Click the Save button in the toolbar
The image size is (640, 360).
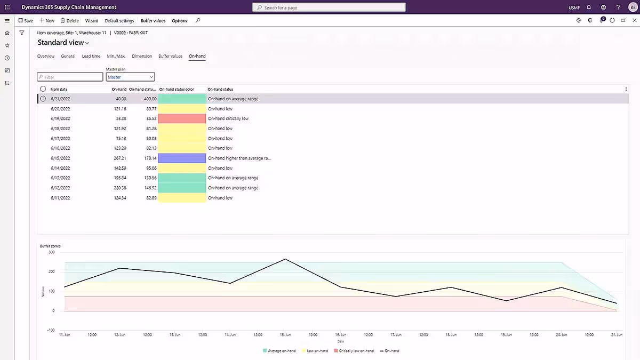(x=26, y=21)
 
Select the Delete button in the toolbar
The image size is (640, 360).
(x=69, y=21)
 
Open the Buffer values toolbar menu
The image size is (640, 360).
(x=153, y=21)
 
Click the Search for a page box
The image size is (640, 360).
(x=329, y=7)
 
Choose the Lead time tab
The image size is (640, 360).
(x=91, y=56)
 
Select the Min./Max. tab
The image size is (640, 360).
(x=116, y=56)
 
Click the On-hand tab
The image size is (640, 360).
(x=197, y=56)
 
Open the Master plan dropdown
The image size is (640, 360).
(x=130, y=77)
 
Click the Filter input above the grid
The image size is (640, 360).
(x=70, y=77)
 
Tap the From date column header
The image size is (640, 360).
(x=59, y=89)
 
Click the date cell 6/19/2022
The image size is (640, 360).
(x=60, y=118)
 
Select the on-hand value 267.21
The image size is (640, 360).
(x=119, y=158)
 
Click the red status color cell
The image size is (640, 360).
(x=182, y=118)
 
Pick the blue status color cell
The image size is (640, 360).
(x=182, y=158)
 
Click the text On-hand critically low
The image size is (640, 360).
(x=228, y=118)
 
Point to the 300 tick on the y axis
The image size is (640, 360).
(x=51, y=252)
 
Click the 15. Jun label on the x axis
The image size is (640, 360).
(x=285, y=334)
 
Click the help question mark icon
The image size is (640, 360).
(x=618, y=7)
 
